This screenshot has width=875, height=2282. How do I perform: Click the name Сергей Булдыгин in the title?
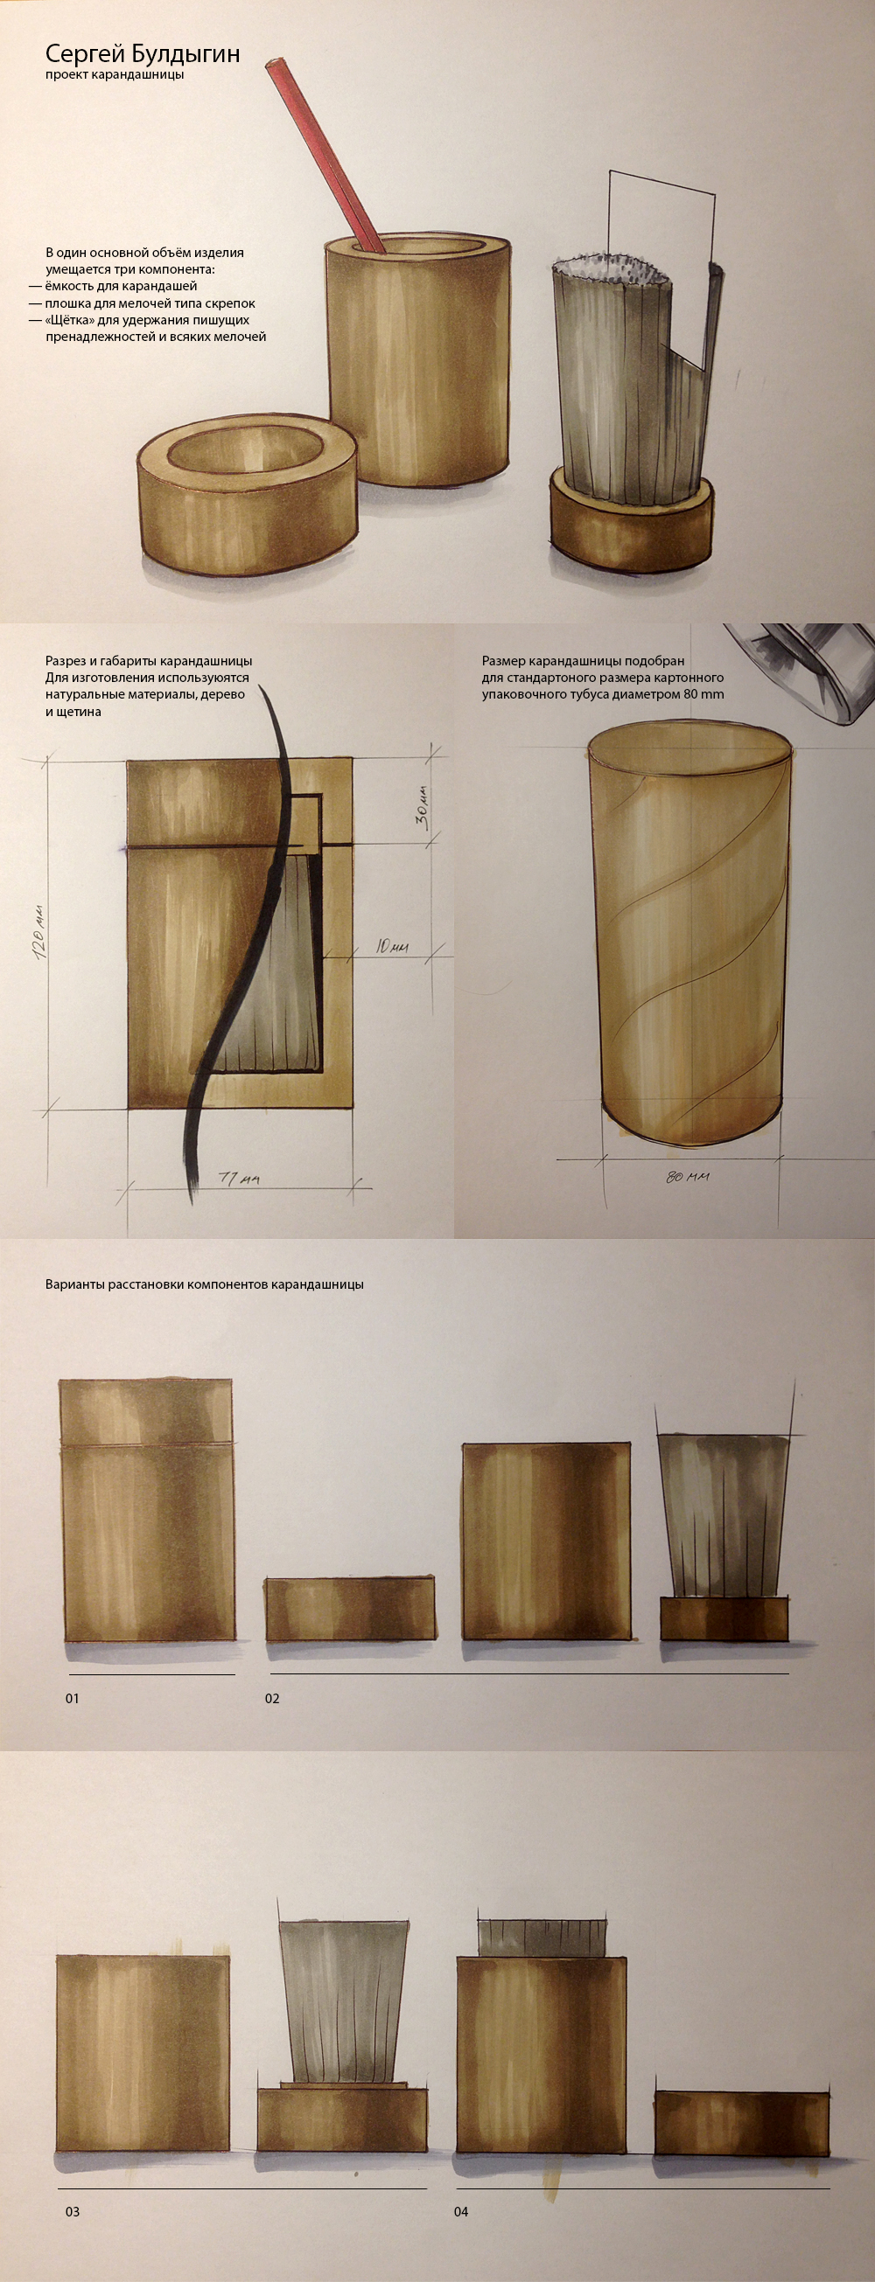[x=143, y=53]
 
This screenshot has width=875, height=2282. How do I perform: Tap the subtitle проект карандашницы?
[x=115, y=75]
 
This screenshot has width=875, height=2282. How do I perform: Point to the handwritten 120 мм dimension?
[x=38, y=933]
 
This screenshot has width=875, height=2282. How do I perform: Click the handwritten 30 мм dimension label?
[x=423, y=806]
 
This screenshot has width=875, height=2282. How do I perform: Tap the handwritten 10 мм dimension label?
[x=391, y=947]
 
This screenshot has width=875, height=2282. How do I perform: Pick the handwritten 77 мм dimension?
[x=240, y=1179]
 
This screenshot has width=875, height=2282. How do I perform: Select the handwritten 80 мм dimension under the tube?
[x=688, y=1178]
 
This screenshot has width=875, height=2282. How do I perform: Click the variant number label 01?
[x=72, y=1698]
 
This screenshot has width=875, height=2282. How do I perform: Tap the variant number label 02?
[x=272, y=1698]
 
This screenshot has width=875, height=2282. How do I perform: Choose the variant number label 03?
[x=73, y=2211]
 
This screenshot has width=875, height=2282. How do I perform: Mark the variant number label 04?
[x=461, y=2211]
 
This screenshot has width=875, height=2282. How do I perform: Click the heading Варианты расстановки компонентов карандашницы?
[x=204, y=1284]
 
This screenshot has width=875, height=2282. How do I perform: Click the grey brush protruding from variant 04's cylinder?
[x=542, y=1938]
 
